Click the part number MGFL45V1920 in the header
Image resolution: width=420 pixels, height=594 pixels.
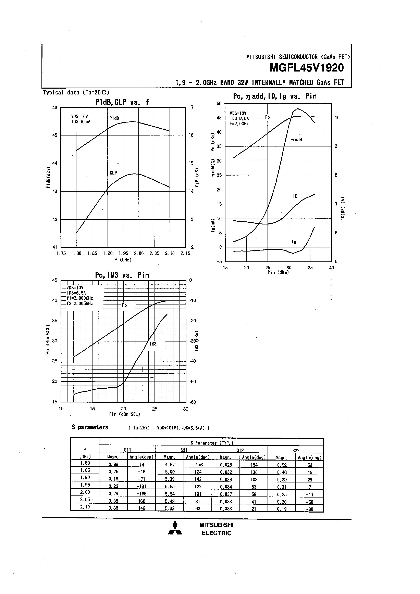click(306, 68)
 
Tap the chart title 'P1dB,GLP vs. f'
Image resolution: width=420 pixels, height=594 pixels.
click(122, 102)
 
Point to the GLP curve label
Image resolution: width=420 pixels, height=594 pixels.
click(113, 173)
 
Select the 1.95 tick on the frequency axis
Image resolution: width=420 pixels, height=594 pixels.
click(123, 253)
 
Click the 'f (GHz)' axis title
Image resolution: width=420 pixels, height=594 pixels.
click(123, 260)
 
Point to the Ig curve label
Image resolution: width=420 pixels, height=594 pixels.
click(294, 242)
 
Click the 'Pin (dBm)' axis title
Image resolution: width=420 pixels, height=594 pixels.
click(278, 272)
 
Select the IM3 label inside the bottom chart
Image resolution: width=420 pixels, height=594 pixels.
click(153, 344)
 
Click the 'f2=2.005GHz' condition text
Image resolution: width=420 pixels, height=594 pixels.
click(79, 304)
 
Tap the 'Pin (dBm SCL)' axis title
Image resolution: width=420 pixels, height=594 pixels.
click(125, 414)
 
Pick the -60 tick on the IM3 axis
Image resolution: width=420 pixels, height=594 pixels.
click(193, 402)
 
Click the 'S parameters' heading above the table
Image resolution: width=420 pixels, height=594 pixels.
click(90, 427)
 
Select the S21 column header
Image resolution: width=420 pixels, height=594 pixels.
click(184, 450)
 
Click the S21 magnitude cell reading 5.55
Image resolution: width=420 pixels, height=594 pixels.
click(170, 487)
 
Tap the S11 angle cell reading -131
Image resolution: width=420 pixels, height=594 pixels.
click(141, 487)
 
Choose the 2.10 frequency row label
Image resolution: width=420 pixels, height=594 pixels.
click(85, 507)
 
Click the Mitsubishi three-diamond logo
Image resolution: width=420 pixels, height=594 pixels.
click(175, 528)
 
